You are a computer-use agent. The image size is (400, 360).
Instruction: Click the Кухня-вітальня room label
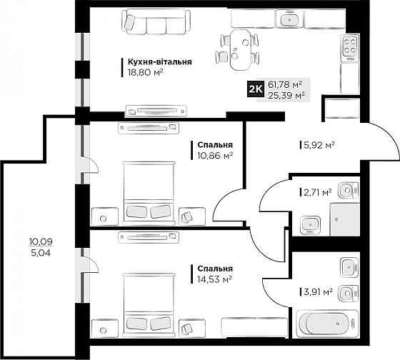[x=160, y=62]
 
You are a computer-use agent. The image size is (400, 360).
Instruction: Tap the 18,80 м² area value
[x=146, y=73]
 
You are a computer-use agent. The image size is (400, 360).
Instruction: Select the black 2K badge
[x=256, y=89]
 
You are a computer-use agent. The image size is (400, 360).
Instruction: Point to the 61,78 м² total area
[x=285, y=84]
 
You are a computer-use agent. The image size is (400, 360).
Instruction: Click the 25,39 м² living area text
[x=286, y=96]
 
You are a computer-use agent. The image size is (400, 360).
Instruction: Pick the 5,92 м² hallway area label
[x=319, y=146]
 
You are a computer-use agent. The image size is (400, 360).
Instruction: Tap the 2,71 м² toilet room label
[x=318, y=192]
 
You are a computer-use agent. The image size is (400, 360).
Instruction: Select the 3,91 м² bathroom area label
[x=318, y=291]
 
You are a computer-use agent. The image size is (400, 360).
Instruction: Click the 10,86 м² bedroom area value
[x=215, y=156]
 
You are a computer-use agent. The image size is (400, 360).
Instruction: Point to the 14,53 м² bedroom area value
[x=214, y=279]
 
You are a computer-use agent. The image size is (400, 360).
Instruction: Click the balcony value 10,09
[x=41, y=241]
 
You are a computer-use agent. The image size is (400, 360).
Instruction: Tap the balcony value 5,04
[x=41, y=253]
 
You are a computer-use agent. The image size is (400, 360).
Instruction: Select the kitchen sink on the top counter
[x=290, y=19]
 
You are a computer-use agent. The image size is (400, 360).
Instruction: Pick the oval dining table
[x=241, y=50]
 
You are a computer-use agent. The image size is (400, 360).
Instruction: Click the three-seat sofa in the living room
[x=156, y=21]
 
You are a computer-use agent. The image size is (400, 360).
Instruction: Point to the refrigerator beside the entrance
[x=341, y=108]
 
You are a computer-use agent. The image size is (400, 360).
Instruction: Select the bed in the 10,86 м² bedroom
[x=149, y=193]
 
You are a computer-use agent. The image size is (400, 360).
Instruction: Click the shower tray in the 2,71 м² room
[x=345, y=219]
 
